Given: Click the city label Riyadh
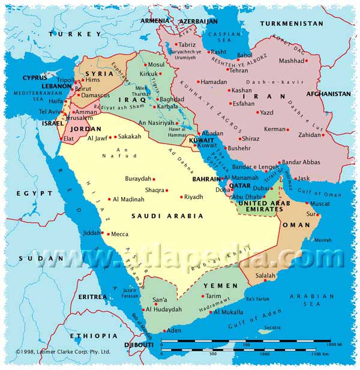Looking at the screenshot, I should pos(194,197).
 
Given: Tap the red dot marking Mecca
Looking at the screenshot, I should pos(103,234).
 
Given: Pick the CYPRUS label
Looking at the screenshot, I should pos(35,77).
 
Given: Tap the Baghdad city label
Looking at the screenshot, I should pos(172,99).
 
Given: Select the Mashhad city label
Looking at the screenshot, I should pos(292,61).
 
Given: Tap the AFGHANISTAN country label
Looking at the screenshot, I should pos(328,94).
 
